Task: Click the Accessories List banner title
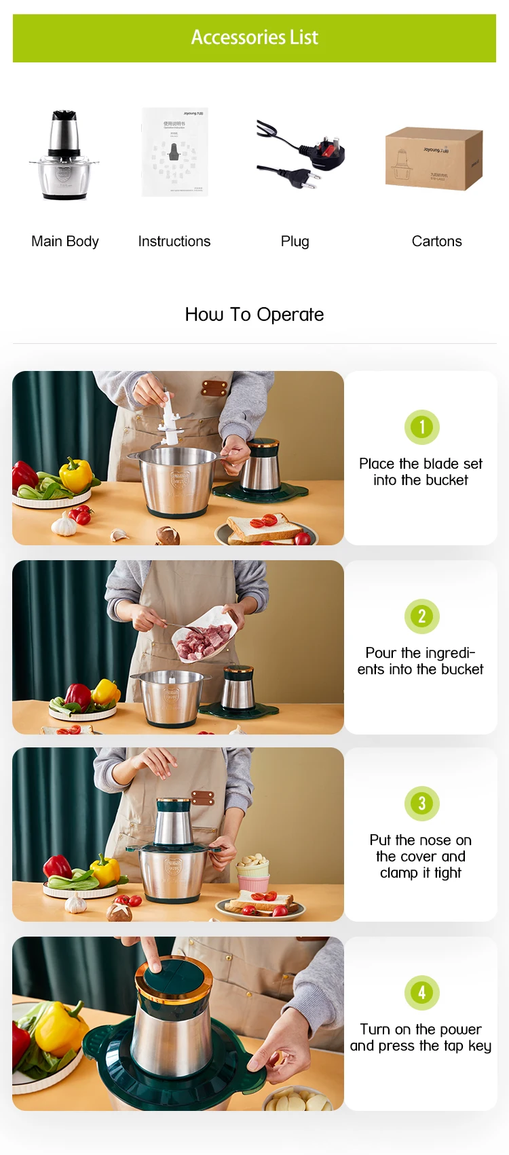click(x=254, y=37)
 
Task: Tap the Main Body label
click(x=65, y=241)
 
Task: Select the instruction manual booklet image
click(x=174, y=152)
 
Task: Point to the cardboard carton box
click(x=434, y=158)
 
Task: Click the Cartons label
click(x=436, y=241)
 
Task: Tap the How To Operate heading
click(x=254, y=315)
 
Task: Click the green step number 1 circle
click(x=421, y=427)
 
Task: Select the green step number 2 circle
click(x=421, y=616)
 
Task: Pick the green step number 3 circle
click(x=421, y=804)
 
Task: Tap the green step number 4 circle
click(x=421, y=993)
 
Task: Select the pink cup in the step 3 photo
click(x=253, y=882)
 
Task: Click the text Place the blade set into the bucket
click(x=421, y=472)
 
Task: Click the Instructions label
click(x=174, y=241)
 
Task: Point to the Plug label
click(x=295, y=241)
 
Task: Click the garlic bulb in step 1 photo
click(x=64, y=524)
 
